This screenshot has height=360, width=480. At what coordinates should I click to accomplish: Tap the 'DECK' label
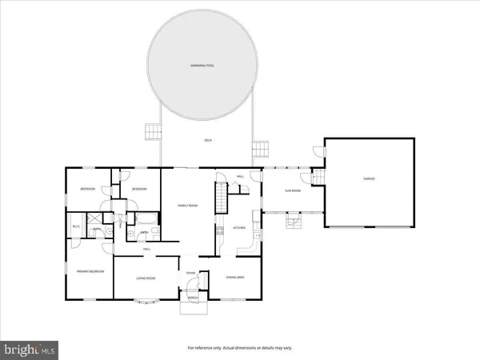(x=208, y=141)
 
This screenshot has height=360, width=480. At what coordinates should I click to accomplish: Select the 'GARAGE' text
(x=369, y=178)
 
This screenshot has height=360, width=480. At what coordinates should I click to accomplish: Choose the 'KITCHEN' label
(x=238, y=228)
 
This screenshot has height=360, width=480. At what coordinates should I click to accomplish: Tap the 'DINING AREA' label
(x=235, y=277)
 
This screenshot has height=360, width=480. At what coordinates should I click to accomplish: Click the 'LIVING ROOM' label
(x=146, y=278)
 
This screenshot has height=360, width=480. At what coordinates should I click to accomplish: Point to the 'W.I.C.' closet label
(x=77, y=226)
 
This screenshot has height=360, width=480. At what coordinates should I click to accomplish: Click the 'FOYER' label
(x=191, y=274)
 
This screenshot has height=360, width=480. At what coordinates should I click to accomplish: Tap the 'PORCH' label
(x=193, y=298)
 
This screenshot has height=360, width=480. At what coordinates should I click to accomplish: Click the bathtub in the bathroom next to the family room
(x=149, y=219)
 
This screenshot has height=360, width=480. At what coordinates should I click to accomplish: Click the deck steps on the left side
(x=150, y=131)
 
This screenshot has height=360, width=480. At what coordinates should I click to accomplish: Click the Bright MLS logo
(x=30, y=349)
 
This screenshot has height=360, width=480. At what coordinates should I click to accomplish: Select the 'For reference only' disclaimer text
(x=240, y=348)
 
